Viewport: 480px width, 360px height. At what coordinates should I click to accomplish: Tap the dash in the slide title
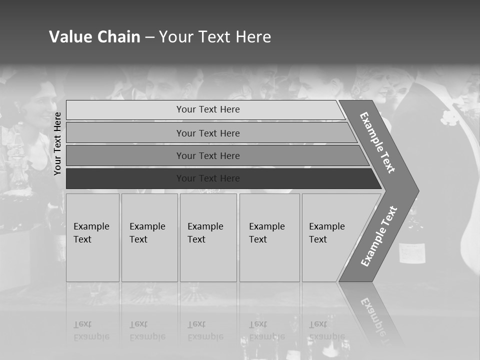149,37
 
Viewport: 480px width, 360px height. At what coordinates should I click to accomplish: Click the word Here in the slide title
253,37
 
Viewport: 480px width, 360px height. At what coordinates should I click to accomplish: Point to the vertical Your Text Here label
57,143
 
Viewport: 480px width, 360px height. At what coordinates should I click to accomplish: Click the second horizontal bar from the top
208,133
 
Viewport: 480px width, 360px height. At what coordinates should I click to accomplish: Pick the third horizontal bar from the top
208,155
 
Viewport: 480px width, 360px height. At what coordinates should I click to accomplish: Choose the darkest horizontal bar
208,178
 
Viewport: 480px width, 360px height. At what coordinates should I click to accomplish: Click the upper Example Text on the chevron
377,142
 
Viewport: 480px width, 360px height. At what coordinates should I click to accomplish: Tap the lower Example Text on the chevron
379,236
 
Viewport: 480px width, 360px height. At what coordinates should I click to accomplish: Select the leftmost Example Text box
92,237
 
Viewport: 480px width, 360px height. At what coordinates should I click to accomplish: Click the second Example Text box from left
149,237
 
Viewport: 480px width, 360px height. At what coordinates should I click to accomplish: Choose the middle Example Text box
208,237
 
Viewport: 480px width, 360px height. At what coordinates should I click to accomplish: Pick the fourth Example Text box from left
269,237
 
